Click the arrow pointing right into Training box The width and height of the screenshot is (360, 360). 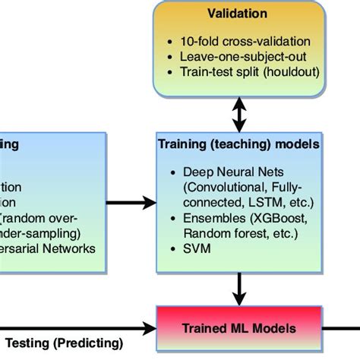coord(128,203)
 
